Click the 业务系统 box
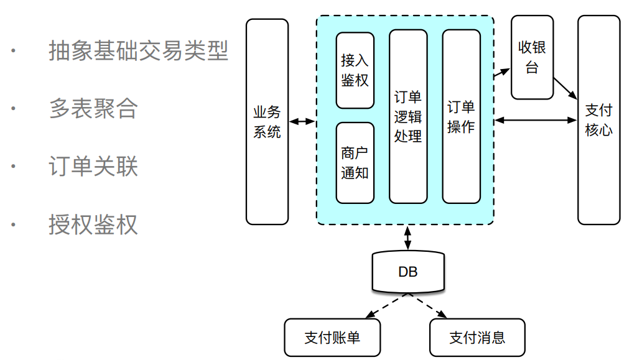[267, 122]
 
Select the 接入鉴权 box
[355, 70]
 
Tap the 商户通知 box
[355, 163]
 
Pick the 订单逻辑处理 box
[408, 116]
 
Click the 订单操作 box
[461, 116]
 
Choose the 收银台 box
[532, 57]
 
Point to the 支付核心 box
[598, 120]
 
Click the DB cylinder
[408, 272]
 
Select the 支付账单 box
[332, 338]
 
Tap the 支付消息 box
[477, 338]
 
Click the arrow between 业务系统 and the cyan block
[302, 122]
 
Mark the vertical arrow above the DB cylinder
[408, 238]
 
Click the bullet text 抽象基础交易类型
[138, 51]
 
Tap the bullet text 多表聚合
[93, 108]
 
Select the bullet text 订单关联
[93, 166]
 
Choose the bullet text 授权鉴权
[93, 224]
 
